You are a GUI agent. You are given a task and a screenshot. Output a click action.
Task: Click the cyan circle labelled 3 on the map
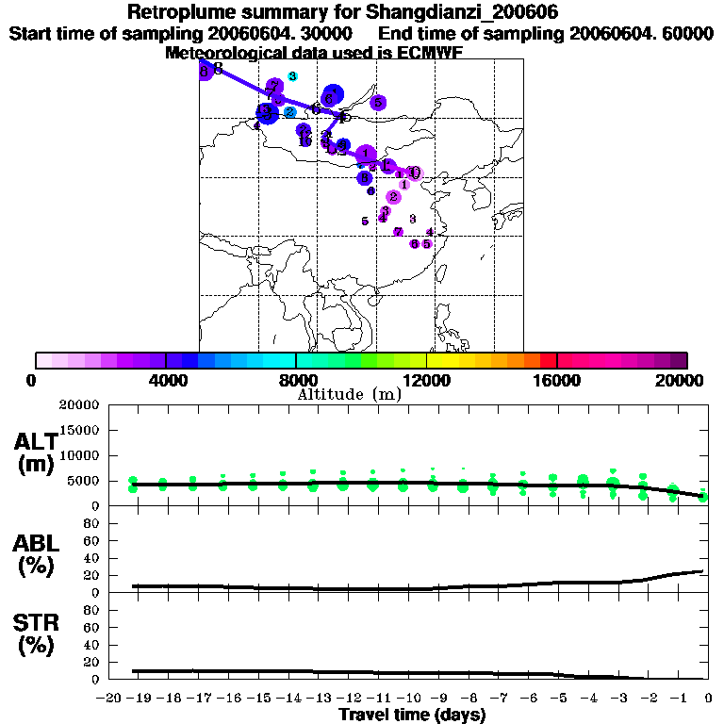[292, 76]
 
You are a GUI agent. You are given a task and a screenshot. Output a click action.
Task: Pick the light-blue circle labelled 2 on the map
[290, 112]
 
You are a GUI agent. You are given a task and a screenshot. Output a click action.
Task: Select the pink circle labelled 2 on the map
[393, 197]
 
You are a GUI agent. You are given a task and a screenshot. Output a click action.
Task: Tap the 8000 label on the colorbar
[296, 380]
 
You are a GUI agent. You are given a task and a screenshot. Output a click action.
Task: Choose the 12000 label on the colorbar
[426, 380]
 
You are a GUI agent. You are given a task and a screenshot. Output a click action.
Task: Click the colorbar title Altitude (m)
[349, 394]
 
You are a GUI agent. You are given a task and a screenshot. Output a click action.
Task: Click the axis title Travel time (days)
[412, 715]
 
